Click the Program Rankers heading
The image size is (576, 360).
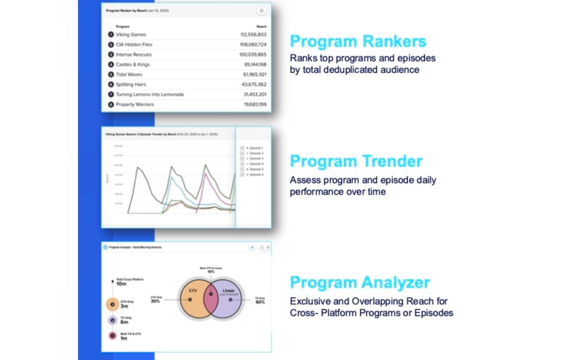[x=358, y=41]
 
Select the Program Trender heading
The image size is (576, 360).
[x=356, y=161]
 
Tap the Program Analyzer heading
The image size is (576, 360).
[x=360, y=282]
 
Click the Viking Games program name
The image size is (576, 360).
[x=131, y=35]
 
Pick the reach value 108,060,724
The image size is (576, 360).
[x=253, y=45]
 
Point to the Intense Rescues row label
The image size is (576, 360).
[x=133, y=55]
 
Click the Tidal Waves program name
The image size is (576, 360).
[x=129, y=74]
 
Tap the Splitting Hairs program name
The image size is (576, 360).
[x=131, y=84]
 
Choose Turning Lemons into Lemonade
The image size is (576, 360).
[x=150, y=95]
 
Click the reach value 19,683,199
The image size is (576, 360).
[x=255, y=105]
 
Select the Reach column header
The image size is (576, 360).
[x=262, y=26]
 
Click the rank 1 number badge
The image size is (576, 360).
[x=111, y=35]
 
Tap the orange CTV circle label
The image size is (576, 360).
[x=193, y=291]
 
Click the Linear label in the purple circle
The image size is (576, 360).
[x=228, y=291]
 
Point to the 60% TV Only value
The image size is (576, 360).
[x=260, y=302]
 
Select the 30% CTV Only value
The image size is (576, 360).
[x=156, y=301]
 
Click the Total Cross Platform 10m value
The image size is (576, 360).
[x=121, y=284]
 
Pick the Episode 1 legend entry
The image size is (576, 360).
[x=256, y=148]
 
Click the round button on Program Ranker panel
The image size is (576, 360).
[x=261, y=11]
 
